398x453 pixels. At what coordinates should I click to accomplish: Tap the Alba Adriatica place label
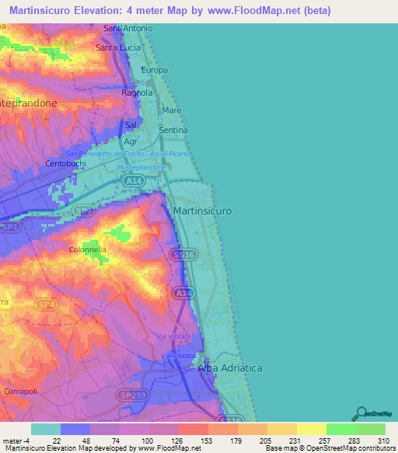[230, 367]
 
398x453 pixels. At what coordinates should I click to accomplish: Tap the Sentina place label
[173, 130]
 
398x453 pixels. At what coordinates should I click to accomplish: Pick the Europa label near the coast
[154, 70]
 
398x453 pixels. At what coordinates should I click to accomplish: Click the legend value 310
[383, 441]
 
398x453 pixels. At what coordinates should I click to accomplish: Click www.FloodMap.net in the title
[255, 11]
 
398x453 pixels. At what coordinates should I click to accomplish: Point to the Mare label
[172, 111]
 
